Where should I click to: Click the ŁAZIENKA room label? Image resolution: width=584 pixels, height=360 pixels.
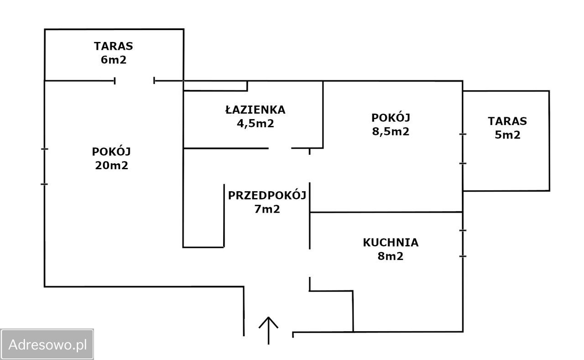click(x=255, y=110)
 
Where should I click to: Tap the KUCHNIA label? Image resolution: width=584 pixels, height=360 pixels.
click(x=391, y=243)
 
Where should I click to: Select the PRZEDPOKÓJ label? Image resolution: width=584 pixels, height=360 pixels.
click(x=267, y=196)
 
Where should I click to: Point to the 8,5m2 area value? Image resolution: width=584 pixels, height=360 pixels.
click(x=391, y=131)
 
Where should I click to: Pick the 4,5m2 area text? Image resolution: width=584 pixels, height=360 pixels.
click(x=255, y=123)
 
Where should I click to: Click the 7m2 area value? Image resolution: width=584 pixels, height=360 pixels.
click(x=267, y=209)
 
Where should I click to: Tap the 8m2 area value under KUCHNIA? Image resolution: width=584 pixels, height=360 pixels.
click(x=391, y=256)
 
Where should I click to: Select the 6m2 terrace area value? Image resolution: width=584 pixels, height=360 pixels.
click(x=114, y=60)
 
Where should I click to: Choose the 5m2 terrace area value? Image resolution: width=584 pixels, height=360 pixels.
click(x=507, y=135)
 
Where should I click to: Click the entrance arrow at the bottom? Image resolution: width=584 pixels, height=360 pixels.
click(x=268, y=330)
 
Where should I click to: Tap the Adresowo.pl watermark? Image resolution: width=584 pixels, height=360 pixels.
click(x=47, y=344)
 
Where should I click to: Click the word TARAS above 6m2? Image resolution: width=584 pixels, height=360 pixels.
click(x=114, y=46)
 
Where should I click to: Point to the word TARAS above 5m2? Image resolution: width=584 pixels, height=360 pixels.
click(x=507, y=121)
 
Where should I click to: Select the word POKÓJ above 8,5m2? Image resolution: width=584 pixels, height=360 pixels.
click(x=391, y=118)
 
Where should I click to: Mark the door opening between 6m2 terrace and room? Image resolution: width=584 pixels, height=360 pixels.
click(x=134, y=81)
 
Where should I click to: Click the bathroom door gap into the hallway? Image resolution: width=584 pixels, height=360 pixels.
click(x=280, y=148)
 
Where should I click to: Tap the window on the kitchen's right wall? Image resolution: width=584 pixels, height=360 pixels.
click(x=463, y=243)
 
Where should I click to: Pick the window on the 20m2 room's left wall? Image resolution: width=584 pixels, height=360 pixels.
click(x=44, y=167)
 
